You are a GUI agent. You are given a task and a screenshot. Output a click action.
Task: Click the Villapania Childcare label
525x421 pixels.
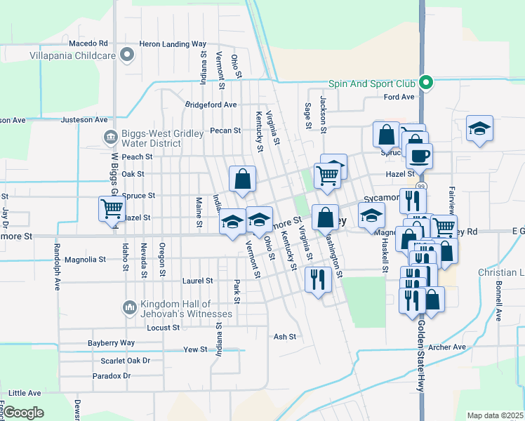coord(72,54)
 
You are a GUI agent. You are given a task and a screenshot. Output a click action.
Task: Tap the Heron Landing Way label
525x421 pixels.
coord(173,44)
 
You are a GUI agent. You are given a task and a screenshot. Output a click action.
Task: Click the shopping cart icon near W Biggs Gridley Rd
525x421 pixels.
coord(112,208)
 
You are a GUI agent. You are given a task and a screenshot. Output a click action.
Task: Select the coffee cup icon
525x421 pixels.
coord(420,155)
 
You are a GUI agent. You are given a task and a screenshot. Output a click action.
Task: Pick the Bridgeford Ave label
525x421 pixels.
coord(211,105)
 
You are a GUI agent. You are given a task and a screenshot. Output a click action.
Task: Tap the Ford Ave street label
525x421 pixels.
coord(399,97)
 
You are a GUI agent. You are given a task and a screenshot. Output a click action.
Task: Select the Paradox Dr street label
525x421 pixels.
coord(112,376)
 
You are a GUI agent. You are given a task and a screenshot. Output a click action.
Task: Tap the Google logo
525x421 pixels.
coord(24,413)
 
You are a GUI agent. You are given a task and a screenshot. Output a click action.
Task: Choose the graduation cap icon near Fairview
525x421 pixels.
coord(479,128)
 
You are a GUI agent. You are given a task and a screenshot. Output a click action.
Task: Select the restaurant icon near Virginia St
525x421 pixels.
coord(319,279)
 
